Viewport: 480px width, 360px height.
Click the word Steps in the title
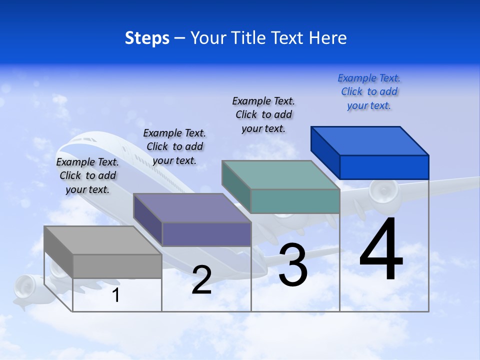[x=147, y=38]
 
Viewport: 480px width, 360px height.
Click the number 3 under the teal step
[x=293, y=265]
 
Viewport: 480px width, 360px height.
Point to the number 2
[x=201, y=280]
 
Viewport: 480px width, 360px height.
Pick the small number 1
[x=116, y=295]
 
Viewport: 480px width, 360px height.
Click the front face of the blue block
[x=384, y=167]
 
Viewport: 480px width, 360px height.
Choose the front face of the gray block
[x=117, y=266]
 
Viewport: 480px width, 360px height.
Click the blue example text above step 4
[x=369, y=92]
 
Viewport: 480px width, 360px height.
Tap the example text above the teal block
[x=263, y=114]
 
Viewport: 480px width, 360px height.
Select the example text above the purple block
[x=174, y=146]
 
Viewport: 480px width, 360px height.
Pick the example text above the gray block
[x=87, y=175]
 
